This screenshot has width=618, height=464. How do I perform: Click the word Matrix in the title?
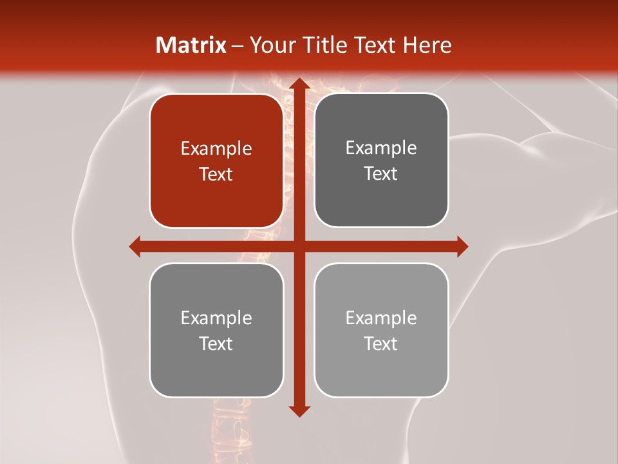(x=191, y=45)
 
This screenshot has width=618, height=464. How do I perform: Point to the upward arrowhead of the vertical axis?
(x=297, y=84)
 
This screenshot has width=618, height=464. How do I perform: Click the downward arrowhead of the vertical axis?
(x=297, y=411)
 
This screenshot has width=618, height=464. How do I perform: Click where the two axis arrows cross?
(x=297, y=246)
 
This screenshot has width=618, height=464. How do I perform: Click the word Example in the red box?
(x=216, y=149)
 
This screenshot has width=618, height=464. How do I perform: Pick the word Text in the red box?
(x=216, y=175)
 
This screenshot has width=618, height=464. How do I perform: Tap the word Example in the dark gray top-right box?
(x=381, y=148)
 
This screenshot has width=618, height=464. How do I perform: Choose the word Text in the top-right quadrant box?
(x=381, y=174)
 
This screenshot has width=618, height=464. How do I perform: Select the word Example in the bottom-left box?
(x=216, y=318)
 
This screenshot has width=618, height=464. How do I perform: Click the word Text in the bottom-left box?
(x=216, y=343)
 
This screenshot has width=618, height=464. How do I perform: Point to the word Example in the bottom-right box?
(x=381, y=318)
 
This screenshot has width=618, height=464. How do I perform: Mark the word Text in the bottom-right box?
(x=381, y=343)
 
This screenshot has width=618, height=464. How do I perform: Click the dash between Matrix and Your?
(x=238, y=46)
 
